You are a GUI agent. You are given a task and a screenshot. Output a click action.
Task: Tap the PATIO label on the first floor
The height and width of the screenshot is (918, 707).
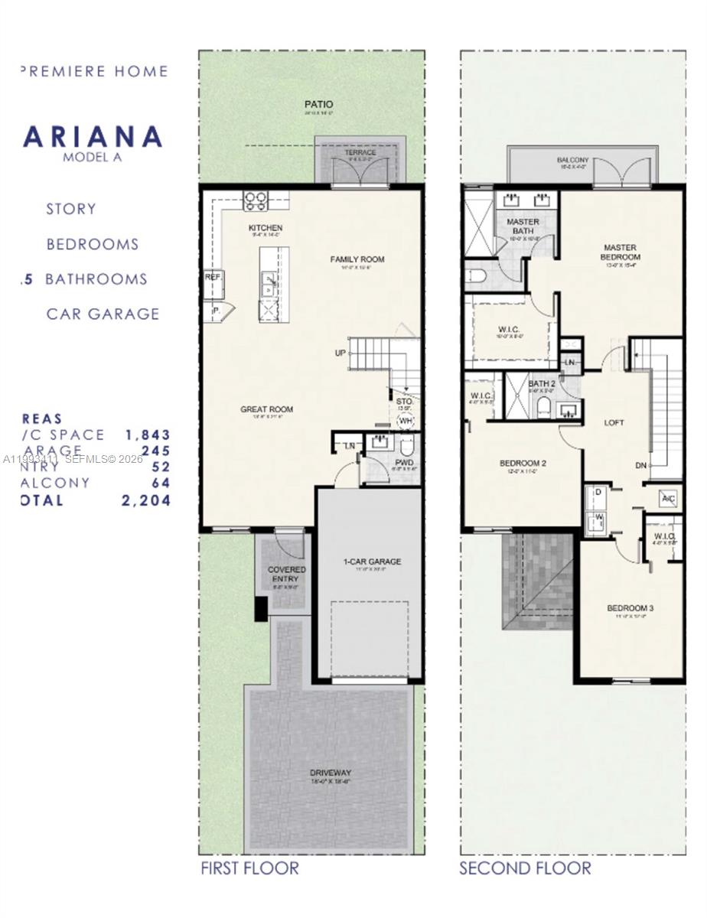coord(318,104)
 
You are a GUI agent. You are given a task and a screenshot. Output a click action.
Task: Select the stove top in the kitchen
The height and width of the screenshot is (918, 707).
coord(255,201)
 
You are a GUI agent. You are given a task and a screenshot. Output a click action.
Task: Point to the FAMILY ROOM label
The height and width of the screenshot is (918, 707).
coord(357,259)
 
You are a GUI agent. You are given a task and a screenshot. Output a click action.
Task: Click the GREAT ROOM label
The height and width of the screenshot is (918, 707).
coord(266,409)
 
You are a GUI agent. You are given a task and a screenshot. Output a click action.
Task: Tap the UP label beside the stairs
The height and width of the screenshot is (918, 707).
coord(340,353)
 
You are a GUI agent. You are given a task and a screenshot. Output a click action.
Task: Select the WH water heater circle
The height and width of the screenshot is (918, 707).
coord(406,422)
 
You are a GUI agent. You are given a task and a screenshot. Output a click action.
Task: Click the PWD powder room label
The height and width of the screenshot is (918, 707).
coord(405,463)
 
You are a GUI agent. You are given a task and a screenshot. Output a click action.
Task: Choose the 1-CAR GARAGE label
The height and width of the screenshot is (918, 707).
coord(371,562)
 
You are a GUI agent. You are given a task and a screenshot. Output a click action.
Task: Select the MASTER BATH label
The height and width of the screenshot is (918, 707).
coord(523,226)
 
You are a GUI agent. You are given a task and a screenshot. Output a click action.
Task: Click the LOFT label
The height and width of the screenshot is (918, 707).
coord(614,422)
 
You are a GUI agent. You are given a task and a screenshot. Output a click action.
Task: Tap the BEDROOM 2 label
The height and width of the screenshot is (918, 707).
coord(523,463)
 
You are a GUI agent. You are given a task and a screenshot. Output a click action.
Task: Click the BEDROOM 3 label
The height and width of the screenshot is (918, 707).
coord(630,608)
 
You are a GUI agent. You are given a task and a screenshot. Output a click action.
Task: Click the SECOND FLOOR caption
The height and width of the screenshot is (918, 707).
coord(525,868)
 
